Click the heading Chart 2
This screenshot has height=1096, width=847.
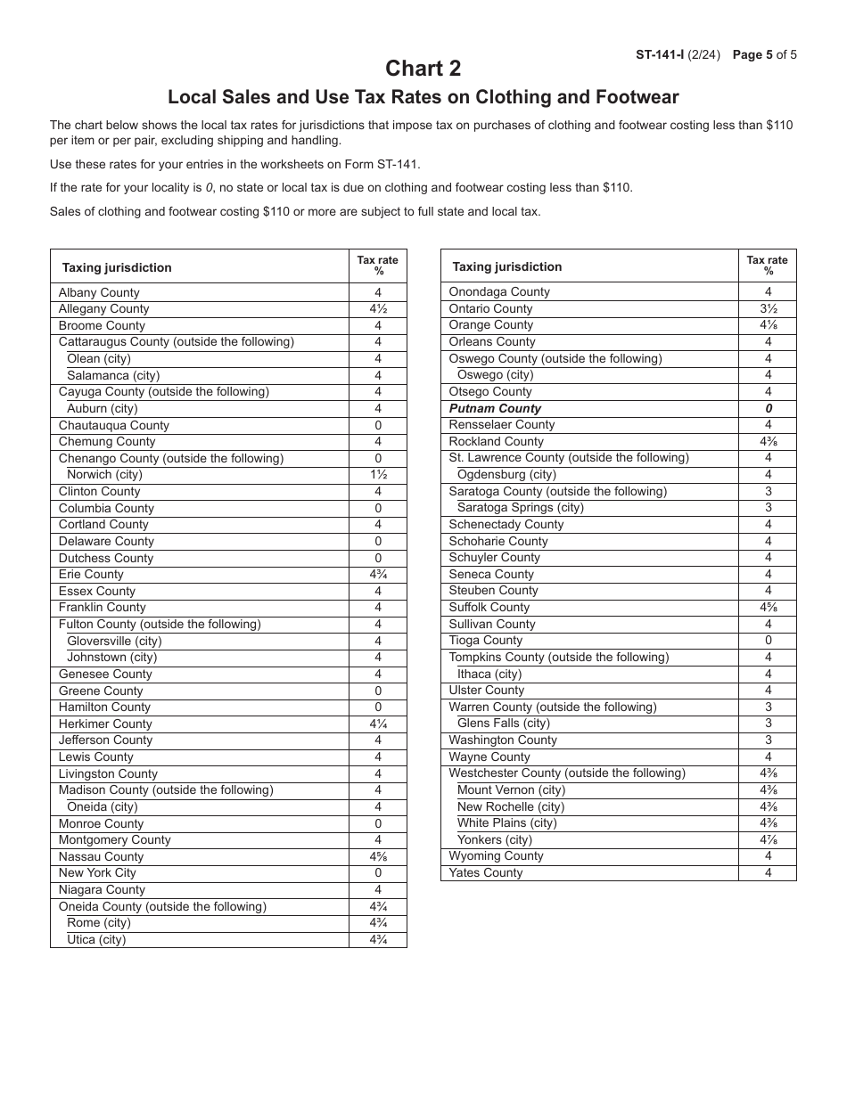(423, 69)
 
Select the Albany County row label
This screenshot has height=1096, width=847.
(99, 292)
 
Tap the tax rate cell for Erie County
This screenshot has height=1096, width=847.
(377, 575)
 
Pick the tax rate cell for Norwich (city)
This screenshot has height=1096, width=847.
(377, 475)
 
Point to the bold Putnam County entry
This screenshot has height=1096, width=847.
(495, 408)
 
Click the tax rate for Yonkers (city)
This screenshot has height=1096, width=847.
(767, 839)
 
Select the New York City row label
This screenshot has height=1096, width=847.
(97, 873)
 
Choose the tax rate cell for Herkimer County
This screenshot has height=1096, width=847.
(377, 724)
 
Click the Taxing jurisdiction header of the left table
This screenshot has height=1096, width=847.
(117, 267)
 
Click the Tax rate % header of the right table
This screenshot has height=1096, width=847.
(767, 266)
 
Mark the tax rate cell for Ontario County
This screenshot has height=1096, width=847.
(767, 308)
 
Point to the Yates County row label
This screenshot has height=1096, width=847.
(486, 873)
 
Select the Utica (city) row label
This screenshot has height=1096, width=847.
(96, 939)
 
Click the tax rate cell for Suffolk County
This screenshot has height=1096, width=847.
(767, 608)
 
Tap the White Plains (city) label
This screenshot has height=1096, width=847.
(506, 823)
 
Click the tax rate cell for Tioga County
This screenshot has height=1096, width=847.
(767, 641)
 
